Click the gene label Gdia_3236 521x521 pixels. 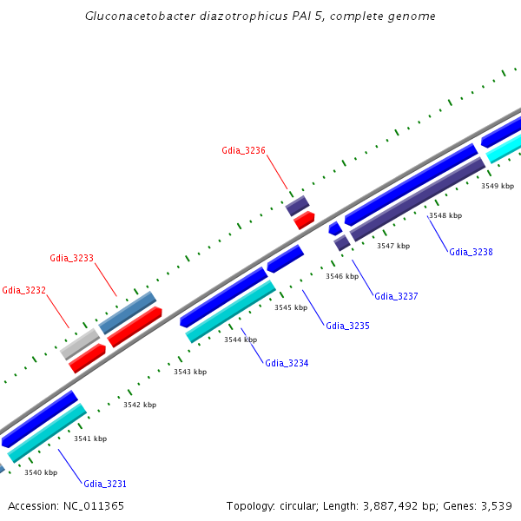[243, 150]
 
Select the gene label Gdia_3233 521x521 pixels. [71, 258]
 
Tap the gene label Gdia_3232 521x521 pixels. [23, 290]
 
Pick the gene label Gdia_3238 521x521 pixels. [471, 252]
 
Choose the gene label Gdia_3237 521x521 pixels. [396, 296]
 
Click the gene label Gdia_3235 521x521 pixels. [347, 326]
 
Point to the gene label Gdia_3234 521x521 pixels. [287, 363]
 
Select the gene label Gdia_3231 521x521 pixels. [105, 483]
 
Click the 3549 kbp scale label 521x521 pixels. [498, 186]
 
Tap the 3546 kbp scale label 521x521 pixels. [342, 276]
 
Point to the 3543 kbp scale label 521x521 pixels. [190, 372]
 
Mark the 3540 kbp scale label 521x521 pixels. [41, 472]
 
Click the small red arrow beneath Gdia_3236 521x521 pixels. [304, 221]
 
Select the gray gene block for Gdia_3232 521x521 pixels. [80, 344]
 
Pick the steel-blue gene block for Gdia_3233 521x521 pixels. [128, 313]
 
